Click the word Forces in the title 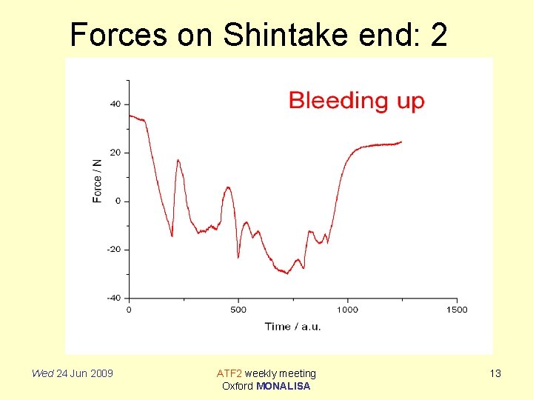[118, 35]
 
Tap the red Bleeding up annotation [356, 101]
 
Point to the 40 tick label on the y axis [115, 104]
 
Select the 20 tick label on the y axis [115, 153]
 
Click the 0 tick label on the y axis [118, 201]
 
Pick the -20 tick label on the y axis [114, 250]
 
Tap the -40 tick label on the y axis [114, 298]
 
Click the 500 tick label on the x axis [238, 310]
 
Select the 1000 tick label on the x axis [347, 310]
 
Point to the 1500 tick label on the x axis [457, 310]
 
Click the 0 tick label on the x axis [129, 310]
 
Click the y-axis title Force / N [98, 181]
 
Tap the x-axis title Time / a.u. [292, 327]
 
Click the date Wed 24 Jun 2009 [72, 373]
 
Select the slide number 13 [495, 373]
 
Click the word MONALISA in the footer [283, 386]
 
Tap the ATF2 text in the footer [229, 373]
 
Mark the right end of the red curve [401, 142]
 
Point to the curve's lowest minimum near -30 [286, 273]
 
